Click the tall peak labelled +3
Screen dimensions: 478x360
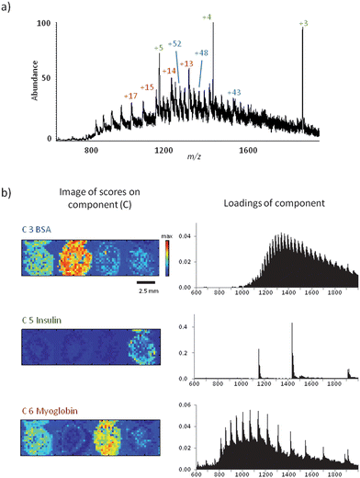point(302,83)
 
